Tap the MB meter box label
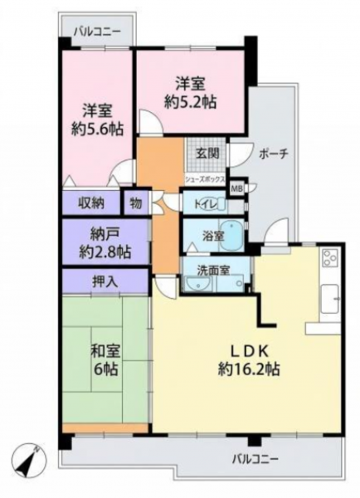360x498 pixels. coord(236,188)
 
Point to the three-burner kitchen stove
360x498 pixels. coord(330,258)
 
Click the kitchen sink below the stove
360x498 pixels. coord(330,299)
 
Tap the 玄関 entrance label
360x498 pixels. coord(207,154)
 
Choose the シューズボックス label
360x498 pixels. coord(205,179)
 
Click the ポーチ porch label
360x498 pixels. coord(274,154)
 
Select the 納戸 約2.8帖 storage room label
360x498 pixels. coord(105,243)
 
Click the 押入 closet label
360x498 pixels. coord(105,281)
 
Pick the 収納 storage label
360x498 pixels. coord(91,203)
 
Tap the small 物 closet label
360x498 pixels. coord(136,203)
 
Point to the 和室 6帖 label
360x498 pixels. coord(105,360)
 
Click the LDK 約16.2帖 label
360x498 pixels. coord(249,360)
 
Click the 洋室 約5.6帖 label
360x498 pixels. coord(97,120)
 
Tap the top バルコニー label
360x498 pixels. coord(97,32)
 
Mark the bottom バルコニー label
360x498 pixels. coord(255,459)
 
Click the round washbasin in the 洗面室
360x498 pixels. coord(197,283)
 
